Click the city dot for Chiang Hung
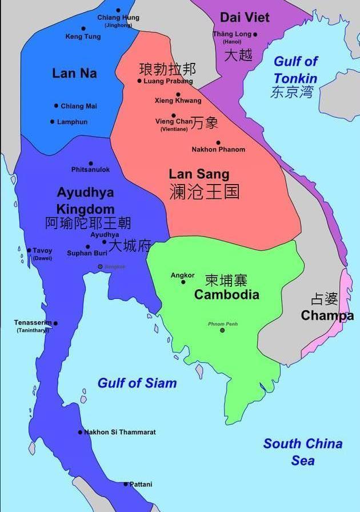pos(118,10)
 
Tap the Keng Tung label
pos(83,37)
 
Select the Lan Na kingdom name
pos(74,73)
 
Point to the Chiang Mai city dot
pos(56,106)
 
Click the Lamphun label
pos(72,122)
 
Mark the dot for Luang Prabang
pos(139,81)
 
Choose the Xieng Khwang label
pos(178,101)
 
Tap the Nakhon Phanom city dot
pos(218,142)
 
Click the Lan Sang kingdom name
pos(199,174)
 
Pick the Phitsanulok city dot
pos(90,163)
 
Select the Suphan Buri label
pos(87,253)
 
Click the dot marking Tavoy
pos(29,250)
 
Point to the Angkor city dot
pos(183,282)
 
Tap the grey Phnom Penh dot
pos(222,330)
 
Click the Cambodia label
pos(226,295)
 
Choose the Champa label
pos(327,315)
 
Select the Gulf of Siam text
pos(137,383)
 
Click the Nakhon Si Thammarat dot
pos(80,432)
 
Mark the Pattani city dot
pos(126,484)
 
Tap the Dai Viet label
pos(245,17)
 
